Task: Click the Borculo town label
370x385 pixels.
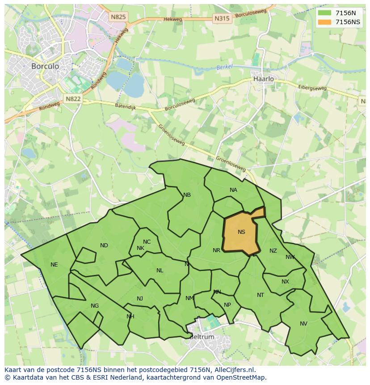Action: click(x=45, y=66)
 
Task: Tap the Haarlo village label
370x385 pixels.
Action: click(x=264, y=79)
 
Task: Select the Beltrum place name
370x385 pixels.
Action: click(x=202, y=337)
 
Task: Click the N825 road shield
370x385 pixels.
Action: click(x=118, y=17)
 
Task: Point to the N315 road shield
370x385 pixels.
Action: click(x=222, y=18)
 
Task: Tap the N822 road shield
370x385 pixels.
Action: click(x=73, y=99)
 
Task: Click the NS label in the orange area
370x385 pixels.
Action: click(x=241, y=232)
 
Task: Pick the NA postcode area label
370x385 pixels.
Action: click(x=233, y=190)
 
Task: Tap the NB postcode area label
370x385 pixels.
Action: click(x=187, y=195)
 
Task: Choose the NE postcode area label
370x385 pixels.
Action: click(x=54, y=264)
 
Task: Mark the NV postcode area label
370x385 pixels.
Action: click(x=303, y=323)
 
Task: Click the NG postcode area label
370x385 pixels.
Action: click(x=95, y=306)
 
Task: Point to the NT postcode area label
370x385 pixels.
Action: click(x=261, y=295)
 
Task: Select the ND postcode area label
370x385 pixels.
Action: click(x=104, y=245)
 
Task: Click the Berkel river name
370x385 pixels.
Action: click(x=225, y=67)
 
